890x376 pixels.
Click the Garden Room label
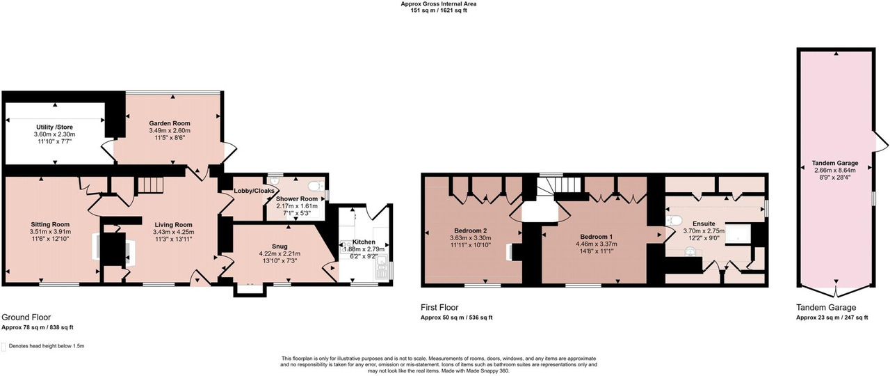(170, 123)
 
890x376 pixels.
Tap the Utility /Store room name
(54, 127)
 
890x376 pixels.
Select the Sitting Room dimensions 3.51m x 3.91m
(51, 232)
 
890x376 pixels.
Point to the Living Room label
(174, 225)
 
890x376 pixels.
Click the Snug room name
(280, 246)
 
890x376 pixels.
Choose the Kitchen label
(364, 242)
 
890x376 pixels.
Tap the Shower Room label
(297, 199)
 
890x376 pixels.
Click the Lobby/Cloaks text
(254, 191)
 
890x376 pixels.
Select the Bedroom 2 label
(471, 230)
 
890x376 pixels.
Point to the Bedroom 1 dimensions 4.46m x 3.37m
(597, 244)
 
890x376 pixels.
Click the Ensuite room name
(704, 224)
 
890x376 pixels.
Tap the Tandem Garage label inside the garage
(835, 163)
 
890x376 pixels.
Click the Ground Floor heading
(26, 317)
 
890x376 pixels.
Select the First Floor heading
(439, 307)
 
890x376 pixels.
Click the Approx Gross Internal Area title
(438, 4)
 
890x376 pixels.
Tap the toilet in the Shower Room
(316, 185)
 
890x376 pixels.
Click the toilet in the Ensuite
(674, 220)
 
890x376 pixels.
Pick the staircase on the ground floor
(151, 185)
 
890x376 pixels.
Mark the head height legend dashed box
(3, 347)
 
